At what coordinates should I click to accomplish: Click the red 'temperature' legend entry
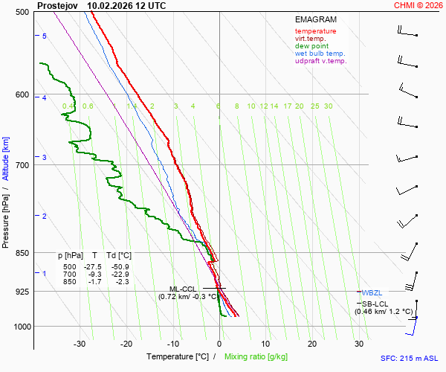(x=315, y=31)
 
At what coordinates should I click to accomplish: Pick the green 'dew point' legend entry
(x=311, y=46)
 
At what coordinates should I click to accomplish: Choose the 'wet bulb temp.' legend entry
(x=320, y=54)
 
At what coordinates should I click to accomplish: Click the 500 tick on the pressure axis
(x=22, y=12)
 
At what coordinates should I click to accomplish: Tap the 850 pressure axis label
(x=22, y=253)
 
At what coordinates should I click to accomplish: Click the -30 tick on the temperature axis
(x=80, y=344)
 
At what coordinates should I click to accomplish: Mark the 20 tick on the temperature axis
(x=312, y=344)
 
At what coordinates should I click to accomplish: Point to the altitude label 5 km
(x=45, y=36)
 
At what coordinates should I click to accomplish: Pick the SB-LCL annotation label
(x=375, y=304)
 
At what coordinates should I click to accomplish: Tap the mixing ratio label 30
(x=328, y=106)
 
